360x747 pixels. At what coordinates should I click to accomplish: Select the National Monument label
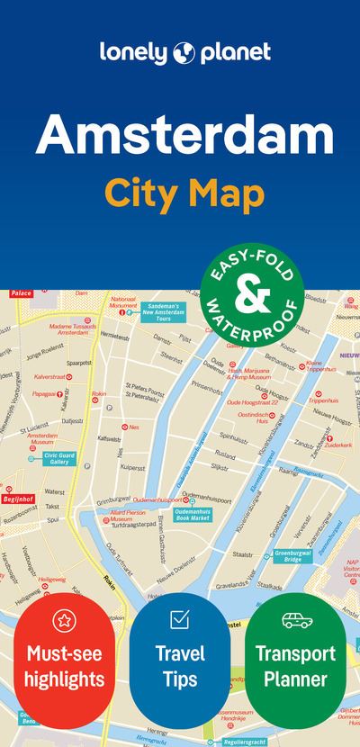click(122, 299)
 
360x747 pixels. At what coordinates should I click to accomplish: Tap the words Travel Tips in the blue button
click(179, 665)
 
